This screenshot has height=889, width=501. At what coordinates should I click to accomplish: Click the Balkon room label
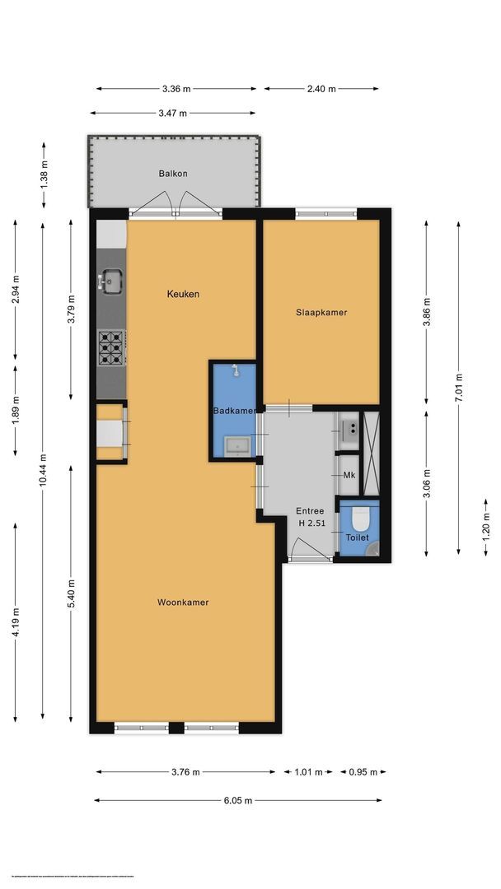(x=173, y=174)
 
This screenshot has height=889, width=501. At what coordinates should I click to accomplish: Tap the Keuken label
(x=183, y=294)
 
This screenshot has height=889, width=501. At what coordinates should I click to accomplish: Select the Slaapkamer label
(x=321, y=313)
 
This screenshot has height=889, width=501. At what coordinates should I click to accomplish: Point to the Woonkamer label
(x=183, y=603)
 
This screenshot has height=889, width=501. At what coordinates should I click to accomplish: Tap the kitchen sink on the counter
(x=110, y=282)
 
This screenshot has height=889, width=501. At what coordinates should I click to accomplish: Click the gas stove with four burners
(x=110, y=347)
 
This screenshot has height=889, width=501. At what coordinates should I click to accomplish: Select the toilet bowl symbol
(x=359, y=519)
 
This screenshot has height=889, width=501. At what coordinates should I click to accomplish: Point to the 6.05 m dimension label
(x=237, y=800)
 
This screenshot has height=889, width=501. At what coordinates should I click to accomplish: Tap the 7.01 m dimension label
(x=459, y=389)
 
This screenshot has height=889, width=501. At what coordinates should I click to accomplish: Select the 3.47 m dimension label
(x=172, y=113)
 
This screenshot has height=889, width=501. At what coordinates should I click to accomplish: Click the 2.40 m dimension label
(x=321, y=89)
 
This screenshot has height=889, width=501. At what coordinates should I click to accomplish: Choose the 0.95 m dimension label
(x=363, y=772)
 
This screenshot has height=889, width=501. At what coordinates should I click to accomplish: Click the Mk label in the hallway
(x=349, y=477)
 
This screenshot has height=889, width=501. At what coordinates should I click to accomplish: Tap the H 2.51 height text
(x=311, y=524)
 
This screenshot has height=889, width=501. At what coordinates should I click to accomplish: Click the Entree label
(x=311, y=511)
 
